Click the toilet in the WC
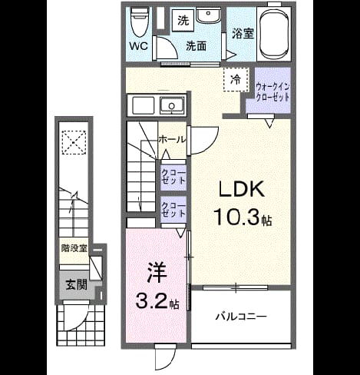point(139,22)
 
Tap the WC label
point(139,46)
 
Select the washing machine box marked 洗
point(183,21)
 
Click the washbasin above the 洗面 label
point(208,15)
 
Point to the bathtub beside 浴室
point(274,34)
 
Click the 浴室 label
point(243,34)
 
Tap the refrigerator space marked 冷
point(236,80)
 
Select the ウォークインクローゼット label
point(272,92)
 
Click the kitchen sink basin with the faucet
point(172,105)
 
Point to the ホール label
point(172,140)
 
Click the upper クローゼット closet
point(173,178)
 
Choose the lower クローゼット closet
point(173,210)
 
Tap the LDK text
point(241,189)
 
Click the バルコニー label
point(241,317)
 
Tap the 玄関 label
point(77,285)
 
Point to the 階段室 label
point(74,248)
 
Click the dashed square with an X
point(74,142)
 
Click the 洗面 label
point(197,46)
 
